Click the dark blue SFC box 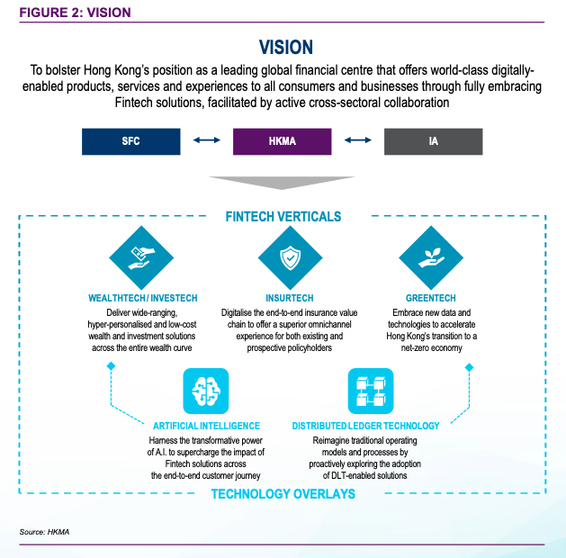pos(132,140)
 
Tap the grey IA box pos(433,140)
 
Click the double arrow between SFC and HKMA pos(208,140)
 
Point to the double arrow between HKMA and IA pos(358,140)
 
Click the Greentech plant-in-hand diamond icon pos(430,257)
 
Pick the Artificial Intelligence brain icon pos(206,391)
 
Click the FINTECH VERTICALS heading pos(283,217)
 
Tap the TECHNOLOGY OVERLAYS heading pos(283,494)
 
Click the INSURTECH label pos(288,298)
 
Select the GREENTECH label pos(430,298)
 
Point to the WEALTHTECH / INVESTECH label pos(143,298)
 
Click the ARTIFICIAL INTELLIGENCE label pos(206,426)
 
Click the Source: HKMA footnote pos(44,533)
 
